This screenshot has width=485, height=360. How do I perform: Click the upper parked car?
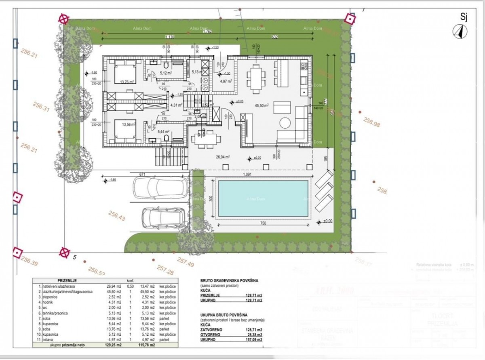[161, 187]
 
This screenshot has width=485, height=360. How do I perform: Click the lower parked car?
[163, 218]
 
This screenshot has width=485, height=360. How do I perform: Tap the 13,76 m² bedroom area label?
[127, 81]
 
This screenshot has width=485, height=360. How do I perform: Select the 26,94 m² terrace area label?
[223, 157]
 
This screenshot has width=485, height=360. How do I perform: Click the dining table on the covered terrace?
[206, 139]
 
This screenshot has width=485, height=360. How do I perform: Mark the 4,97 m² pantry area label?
[225, 81]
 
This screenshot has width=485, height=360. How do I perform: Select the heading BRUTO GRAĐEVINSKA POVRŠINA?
[229, 280]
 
